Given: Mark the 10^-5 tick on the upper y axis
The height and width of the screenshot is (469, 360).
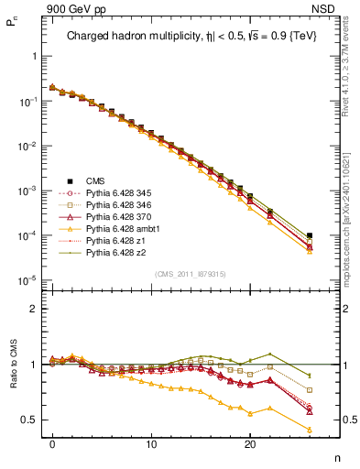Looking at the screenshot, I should pyautogui.click(x=29, y=280).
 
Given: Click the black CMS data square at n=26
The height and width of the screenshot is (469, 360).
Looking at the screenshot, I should pyautogui.click(x=310, y=235).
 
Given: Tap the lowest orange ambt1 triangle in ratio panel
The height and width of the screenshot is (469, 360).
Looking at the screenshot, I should pyautogui.click(x=310, y=430).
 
